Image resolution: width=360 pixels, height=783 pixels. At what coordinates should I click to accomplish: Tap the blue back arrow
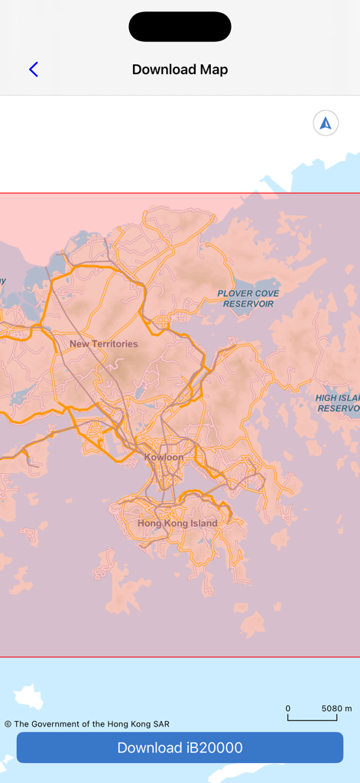point(34,70)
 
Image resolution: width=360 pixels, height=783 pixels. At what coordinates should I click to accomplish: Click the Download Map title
point(180,70)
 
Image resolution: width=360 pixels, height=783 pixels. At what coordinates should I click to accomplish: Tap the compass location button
point(326,123)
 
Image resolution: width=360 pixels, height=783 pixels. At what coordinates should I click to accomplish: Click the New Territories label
point(104,344)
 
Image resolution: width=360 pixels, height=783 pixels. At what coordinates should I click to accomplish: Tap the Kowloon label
point(164,457)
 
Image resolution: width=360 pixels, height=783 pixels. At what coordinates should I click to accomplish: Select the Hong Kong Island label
point(177,524)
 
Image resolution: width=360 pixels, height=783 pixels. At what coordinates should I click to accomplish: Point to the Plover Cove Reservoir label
point(248,298)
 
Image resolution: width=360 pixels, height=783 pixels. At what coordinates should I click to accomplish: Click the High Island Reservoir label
point(338,404)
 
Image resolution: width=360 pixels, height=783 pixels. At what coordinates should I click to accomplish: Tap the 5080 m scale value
point(336,709)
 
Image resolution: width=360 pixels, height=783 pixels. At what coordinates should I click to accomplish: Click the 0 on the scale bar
point(288,709)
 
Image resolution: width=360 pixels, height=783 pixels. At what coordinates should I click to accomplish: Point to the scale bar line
point(312,719)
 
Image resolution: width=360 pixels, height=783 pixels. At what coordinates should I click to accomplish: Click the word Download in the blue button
point(149,748)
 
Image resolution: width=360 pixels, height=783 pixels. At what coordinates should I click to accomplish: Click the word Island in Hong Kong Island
point(201,524)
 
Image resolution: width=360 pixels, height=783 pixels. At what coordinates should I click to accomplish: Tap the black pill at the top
point(180,27)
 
